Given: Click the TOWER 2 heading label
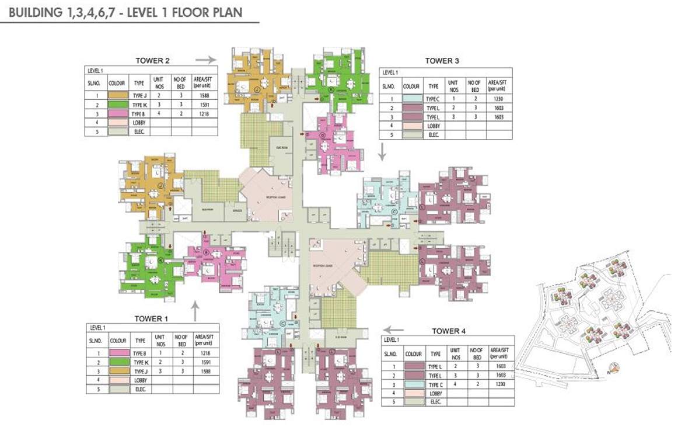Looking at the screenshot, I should (152, 60).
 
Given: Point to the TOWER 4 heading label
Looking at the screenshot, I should (449, 331).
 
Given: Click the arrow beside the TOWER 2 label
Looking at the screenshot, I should (205, 60).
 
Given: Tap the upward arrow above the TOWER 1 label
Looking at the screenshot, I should (194, 307).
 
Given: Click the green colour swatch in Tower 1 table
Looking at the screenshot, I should (118, 363).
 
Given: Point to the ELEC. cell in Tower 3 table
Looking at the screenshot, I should (432, 135).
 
